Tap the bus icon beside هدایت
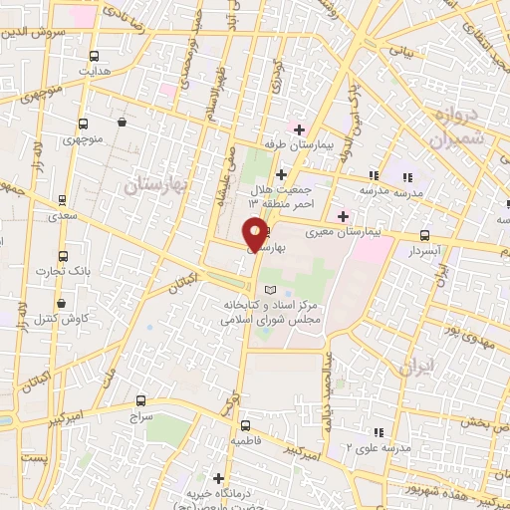[94, 56]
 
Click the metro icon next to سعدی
[63, 199]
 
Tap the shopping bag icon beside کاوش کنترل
[62, 303]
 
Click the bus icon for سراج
[138, 400]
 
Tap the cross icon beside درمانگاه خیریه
[219, 477]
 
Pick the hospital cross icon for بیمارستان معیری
[343, 216]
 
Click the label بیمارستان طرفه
[295, 144]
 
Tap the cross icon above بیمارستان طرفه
[298, 128]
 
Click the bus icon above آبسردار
[425, 236]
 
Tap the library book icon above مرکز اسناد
[259, 289]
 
